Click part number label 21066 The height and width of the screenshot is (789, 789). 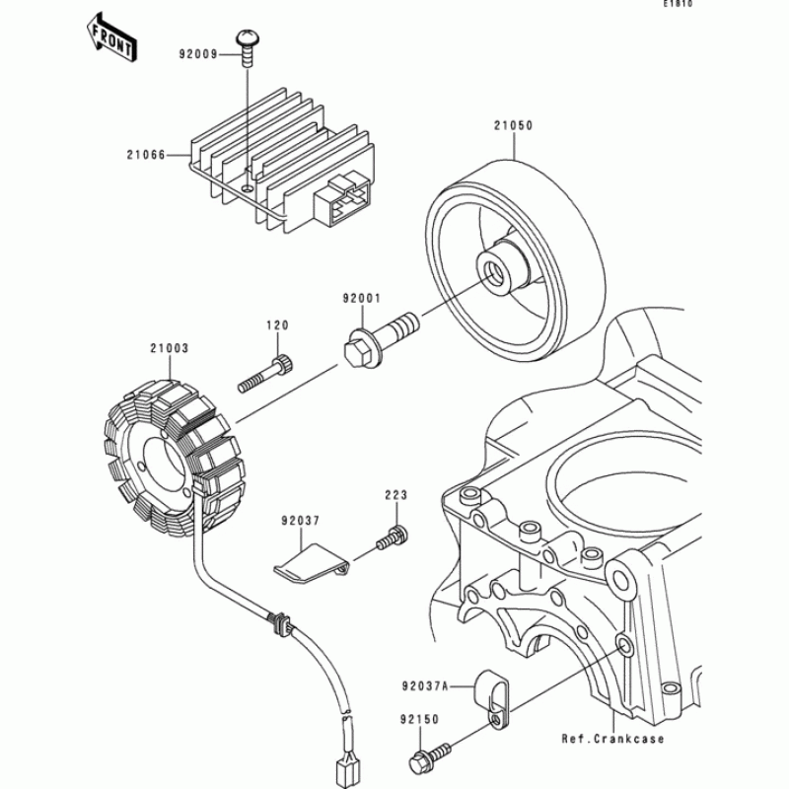pyautogui.click(x=145, y=154)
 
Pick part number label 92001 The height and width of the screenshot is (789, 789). pyautogui.click(x=361, y=297)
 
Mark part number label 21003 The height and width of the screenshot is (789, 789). pyautogui.click(x=170, y=348)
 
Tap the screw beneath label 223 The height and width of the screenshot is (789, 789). pyautogui.click(x=392, y=538)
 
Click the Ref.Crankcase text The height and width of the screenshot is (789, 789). pyautogui.click(x=612, y=739)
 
